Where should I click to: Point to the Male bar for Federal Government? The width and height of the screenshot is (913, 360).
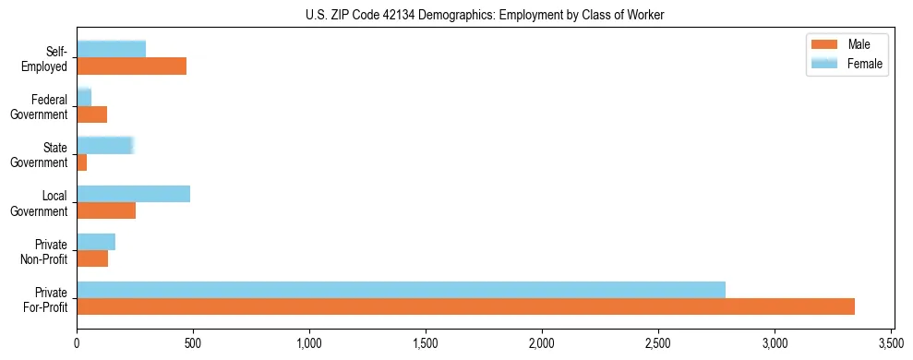tap(92, 114)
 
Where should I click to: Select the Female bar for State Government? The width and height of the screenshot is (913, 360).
tap(105, 145)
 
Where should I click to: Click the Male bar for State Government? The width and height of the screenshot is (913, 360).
tap(82, 162)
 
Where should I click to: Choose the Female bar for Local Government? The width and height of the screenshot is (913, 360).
tap(134, 193)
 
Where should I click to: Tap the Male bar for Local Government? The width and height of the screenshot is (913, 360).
tap(106, 210)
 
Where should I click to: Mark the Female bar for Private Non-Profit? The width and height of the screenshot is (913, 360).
tap(96, 242)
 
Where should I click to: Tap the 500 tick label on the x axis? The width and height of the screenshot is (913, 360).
tap(193, 343)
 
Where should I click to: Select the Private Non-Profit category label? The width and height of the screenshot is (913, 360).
tap(48, 250)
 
